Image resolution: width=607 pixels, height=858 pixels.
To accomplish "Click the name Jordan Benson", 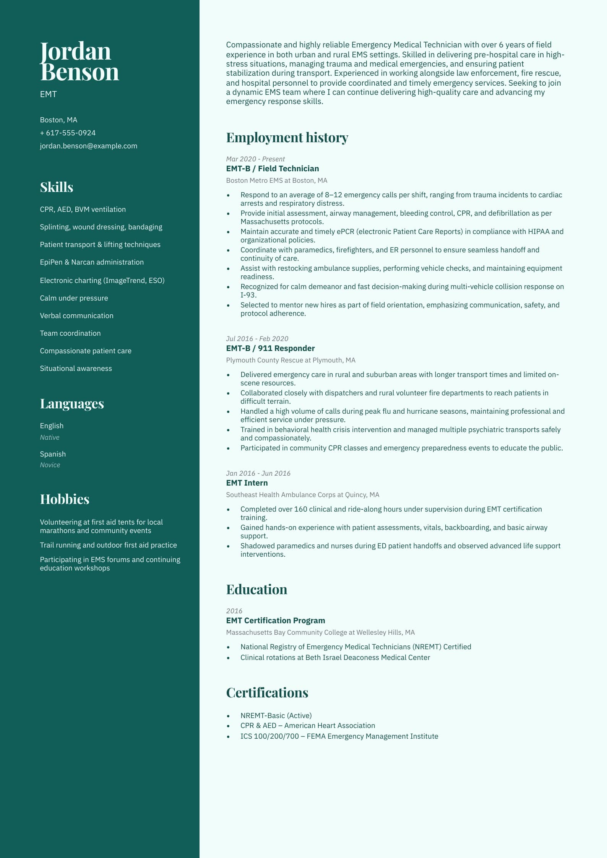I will (x=79, y=61).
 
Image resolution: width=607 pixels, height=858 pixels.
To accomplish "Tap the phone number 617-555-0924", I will (x=68, y=133).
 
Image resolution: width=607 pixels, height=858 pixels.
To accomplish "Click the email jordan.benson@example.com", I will (x=88, y=146).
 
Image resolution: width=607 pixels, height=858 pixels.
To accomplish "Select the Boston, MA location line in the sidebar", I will (x=58, y=120).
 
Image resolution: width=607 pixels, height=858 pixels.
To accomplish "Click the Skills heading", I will (x=57, y=187).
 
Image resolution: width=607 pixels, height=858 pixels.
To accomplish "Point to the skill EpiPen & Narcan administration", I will (x=92, y=262).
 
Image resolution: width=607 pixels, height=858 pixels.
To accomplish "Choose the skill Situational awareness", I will (x=76, y=368).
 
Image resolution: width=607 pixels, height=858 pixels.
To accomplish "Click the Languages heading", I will (x=72, y=403).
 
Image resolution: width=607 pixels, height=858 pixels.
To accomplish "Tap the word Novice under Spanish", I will (x=50, y=465).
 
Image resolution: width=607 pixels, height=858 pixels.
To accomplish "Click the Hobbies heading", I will (x=65, y=499).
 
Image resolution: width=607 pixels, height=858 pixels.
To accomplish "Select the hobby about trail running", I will (x=108, y=545).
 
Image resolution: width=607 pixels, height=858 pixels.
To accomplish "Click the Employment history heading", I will (x=287, y=137).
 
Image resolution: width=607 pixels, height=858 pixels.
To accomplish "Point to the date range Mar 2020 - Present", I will (x=255, y=159).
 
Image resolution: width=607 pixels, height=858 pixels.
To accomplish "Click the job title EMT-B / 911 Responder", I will (x=270, y=348).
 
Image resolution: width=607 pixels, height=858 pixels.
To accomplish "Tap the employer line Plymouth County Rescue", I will (x=291, y=360).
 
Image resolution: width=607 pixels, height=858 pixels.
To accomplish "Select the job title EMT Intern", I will (x=247, y=483).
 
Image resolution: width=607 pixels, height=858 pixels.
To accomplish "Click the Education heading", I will (x=256, y=589).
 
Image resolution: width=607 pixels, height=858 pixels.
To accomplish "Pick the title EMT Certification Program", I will (x=275, y=620).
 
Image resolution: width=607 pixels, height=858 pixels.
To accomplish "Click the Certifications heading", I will (x=267, y=692).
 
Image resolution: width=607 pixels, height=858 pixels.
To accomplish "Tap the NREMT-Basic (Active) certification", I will (x=276, y=715).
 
